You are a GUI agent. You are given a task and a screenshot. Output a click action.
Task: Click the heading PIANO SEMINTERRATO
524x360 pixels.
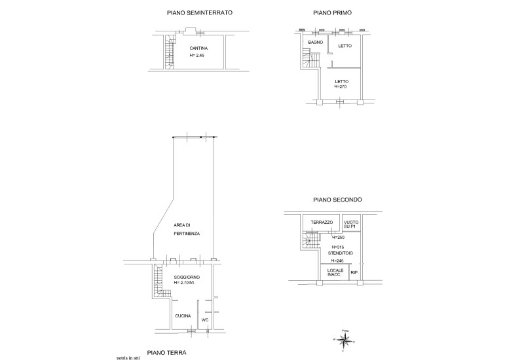(199, 13)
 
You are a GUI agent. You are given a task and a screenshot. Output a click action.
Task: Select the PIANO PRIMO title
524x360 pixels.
(332, 13)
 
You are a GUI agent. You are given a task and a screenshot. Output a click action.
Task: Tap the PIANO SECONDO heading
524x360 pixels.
(334, 200)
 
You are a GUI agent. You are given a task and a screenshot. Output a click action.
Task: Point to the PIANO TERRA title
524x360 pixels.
(165, 352)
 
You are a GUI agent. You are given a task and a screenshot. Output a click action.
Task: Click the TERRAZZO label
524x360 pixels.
(322, 223)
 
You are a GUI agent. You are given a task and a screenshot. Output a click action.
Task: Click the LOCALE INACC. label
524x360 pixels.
(336, 273)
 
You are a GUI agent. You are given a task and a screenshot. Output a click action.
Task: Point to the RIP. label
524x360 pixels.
(354, 272)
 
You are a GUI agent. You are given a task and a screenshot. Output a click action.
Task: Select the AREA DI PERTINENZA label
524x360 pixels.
(187, 229)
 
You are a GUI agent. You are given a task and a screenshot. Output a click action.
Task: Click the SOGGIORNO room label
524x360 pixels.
(188, 278)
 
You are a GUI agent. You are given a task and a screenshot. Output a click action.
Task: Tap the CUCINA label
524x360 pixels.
(183, 316)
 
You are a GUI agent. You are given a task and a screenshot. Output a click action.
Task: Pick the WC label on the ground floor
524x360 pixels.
(204, 319)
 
